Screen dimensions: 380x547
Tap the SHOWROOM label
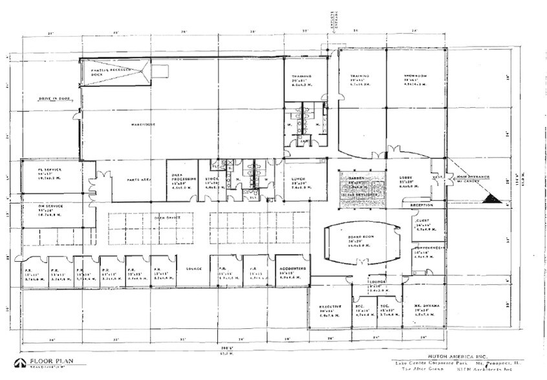pos(414,76)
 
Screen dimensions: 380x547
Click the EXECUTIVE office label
pos(330,306)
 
